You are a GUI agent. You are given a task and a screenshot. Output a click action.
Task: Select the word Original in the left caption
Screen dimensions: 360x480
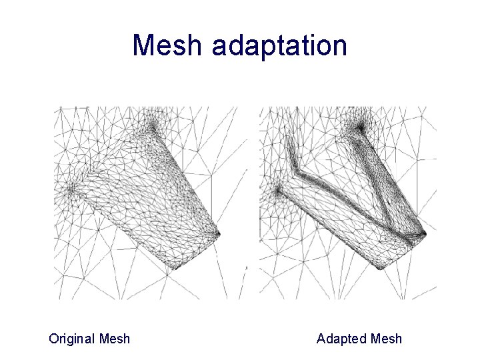[71, 339]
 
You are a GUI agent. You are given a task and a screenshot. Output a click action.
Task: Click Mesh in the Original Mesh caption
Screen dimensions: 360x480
[114, 339]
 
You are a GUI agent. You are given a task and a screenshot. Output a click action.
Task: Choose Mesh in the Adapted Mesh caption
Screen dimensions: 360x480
[386, 339]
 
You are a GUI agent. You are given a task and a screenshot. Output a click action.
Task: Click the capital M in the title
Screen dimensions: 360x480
[145, 46]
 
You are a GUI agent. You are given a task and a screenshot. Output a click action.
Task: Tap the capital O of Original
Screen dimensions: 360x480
[54, 339]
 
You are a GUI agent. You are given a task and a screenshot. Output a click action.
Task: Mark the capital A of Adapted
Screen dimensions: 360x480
[321, 339]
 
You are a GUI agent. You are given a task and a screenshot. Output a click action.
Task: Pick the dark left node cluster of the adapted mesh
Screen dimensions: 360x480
[277, 191]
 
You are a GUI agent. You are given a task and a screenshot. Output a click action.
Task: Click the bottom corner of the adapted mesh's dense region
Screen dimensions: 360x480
[381, 267]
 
